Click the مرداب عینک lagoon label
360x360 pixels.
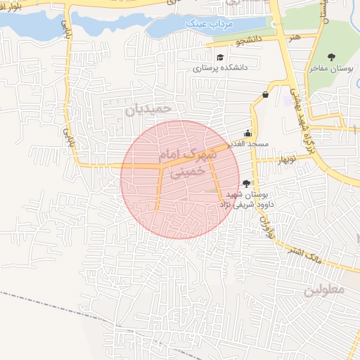click(x=202, y=24)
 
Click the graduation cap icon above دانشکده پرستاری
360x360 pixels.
click(x=220, y=58)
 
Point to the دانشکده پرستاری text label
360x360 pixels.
click(x=220, y=69)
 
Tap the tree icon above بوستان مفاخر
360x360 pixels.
click(x=332, y=57)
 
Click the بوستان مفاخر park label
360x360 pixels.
click(x=330, y=69)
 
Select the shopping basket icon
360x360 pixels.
click(x=265, y=94)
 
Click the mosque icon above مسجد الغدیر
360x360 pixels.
click(x=247, y=133)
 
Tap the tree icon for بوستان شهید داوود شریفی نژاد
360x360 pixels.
click(x=245, y=183)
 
